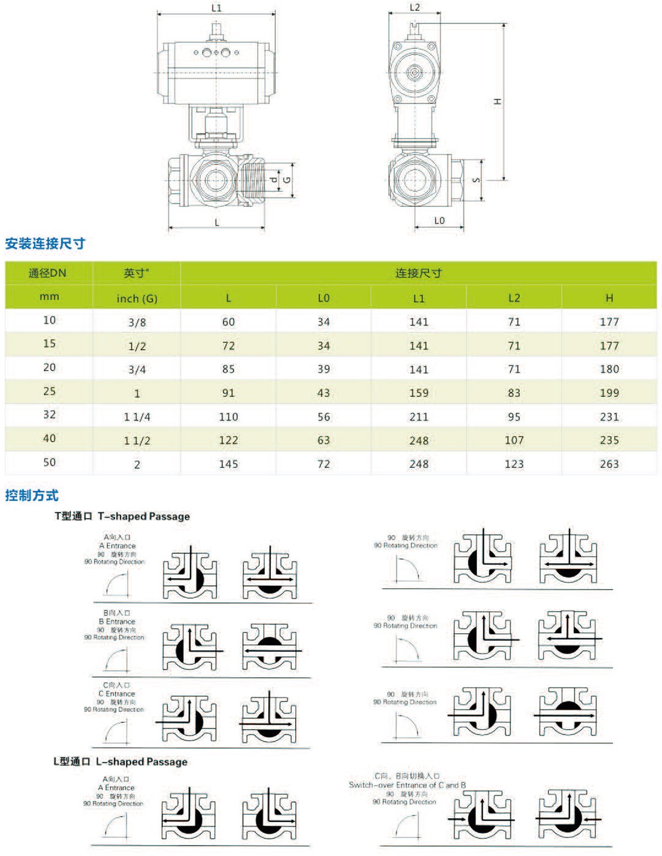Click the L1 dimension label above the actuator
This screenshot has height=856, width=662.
tap(216, 8)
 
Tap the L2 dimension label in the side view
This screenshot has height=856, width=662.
tap(414, 7)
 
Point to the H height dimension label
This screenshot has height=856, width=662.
tap(497, 102)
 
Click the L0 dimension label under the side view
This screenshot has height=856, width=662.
tap(439, 221)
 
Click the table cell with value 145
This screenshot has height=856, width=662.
tap(228, 464)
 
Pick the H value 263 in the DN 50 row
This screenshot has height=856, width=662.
tap(609, 464)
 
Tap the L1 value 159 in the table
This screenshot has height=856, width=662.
tap(419, 393)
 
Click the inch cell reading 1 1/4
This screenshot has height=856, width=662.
tap(137, 417)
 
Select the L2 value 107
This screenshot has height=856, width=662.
tap(514, 440)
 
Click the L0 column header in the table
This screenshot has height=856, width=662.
tap(323, 298)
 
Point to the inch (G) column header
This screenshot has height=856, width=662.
tap(137, 298)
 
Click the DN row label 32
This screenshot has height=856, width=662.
tap(49, 415)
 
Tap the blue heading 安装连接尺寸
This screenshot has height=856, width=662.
tap(45, 243)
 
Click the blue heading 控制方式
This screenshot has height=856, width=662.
tap(31, 495)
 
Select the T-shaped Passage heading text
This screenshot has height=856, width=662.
tap(143, 516)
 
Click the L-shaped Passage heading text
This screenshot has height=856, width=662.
tap(141, 762)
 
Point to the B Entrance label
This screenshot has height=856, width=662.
tap(117, 622)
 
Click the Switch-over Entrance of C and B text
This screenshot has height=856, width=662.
tap(407, 785)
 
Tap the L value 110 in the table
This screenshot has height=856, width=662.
tap(228, 417)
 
